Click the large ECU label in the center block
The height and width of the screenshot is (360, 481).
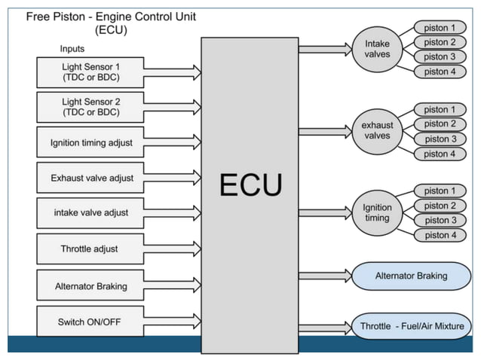click(x=250, y=185)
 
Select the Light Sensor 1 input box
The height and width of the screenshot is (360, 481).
click(x=90, y=72)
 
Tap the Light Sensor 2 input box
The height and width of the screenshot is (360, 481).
click(x=90, y=107)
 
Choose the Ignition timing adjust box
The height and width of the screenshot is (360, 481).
click(x=90, y=142)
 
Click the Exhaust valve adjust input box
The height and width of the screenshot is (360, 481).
click(x=90, y=178)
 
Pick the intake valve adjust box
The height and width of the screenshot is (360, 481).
click(x=90, y=212)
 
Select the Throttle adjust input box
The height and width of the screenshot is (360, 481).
click(x=90, y=249)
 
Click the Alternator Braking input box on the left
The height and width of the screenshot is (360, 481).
click(x=90, y=285)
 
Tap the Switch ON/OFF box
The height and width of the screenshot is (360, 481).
click(x=90, y=322)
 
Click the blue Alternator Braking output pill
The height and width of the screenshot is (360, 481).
click(x=411, y=276)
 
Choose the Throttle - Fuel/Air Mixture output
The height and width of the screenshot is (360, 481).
click(x=411, y=327)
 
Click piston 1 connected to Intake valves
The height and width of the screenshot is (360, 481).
click(x=440, y=28)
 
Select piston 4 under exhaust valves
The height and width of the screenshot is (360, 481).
click(x=440, y=154)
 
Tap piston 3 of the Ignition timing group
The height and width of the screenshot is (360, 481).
click(x=440, y=220)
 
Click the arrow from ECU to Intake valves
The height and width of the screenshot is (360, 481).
click(x=324, y=50)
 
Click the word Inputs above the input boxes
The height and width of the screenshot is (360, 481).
click(x=72, y=49)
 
